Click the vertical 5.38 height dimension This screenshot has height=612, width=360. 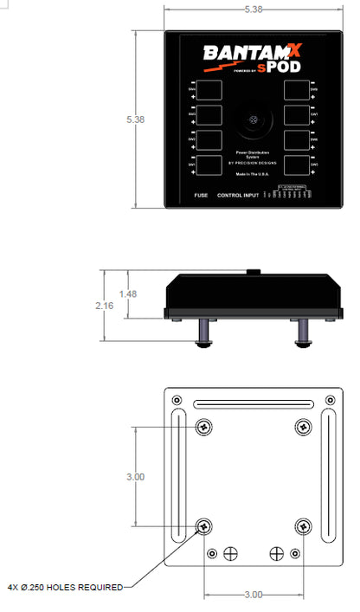135,119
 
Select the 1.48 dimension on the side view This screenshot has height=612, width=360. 128,293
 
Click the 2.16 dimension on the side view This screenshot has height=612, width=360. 103,306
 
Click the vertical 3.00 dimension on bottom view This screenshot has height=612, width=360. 135,476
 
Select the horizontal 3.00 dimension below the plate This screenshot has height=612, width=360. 253,596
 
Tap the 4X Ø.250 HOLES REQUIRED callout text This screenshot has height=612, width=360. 65,585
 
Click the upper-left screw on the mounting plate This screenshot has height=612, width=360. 204,426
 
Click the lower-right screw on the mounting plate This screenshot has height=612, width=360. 303,525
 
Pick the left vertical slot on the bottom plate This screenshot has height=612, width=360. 177,475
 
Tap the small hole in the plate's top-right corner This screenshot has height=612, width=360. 330,399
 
